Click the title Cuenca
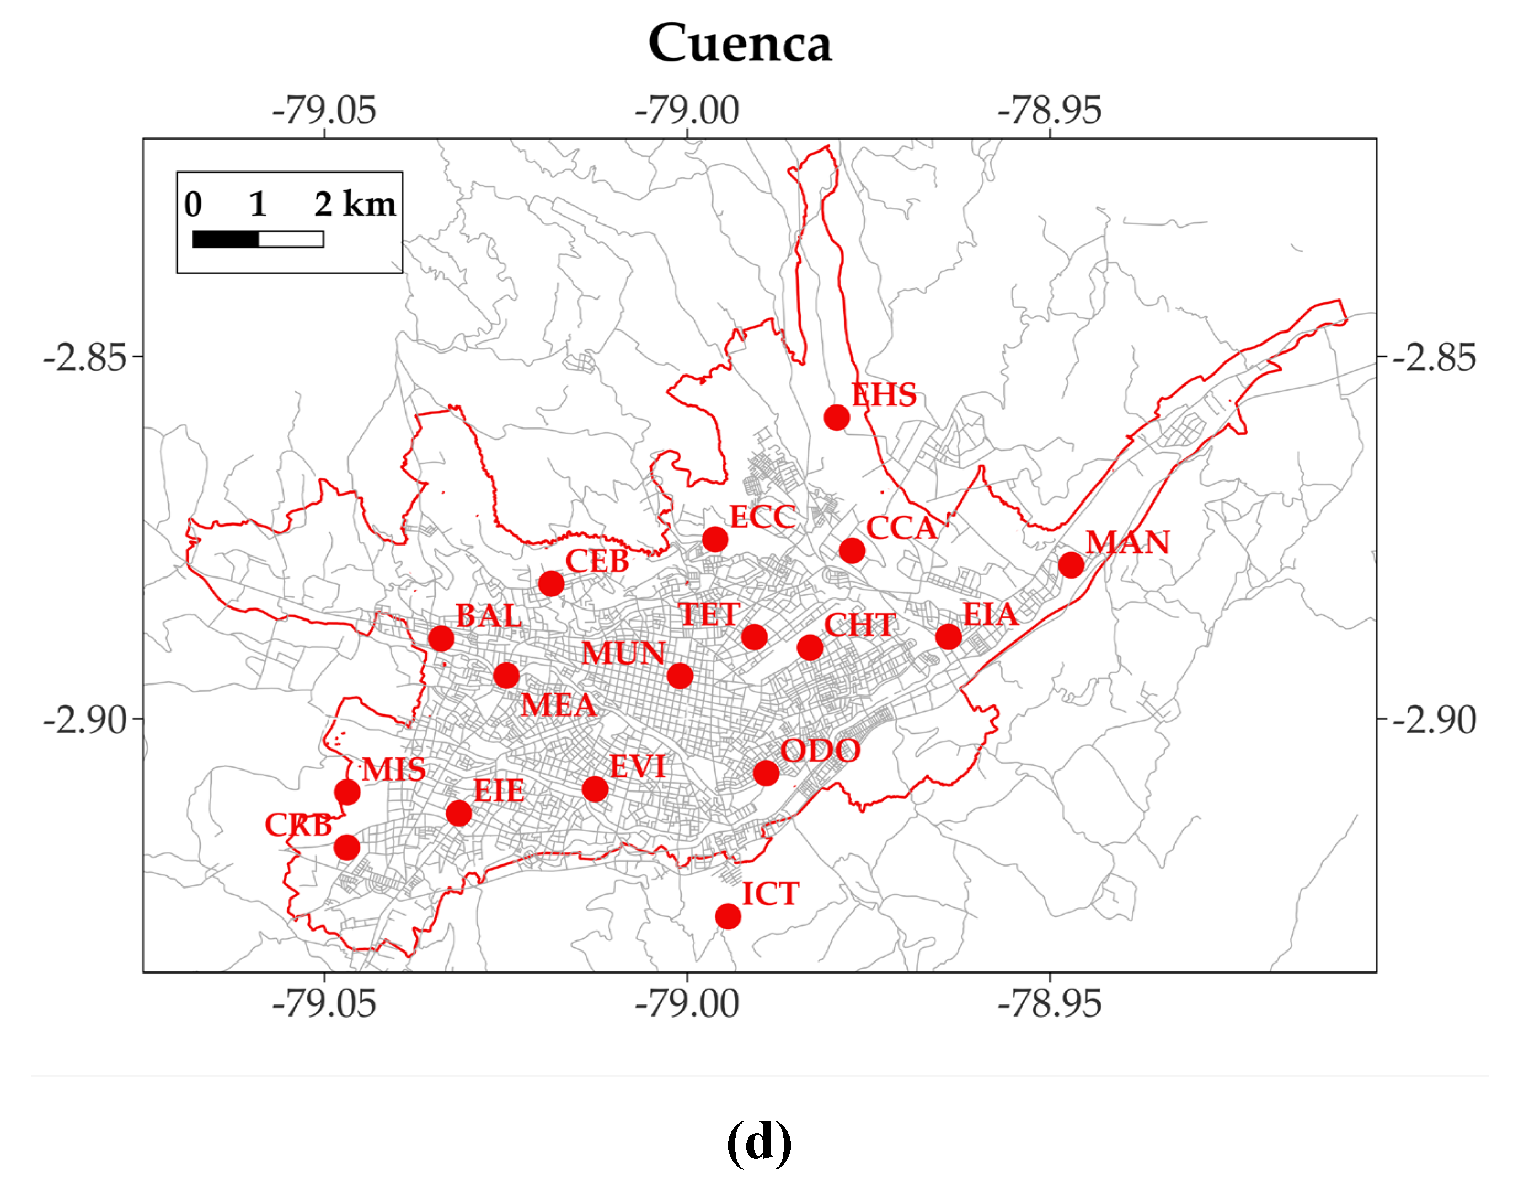coord(740,43)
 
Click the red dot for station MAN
coord(1071,565)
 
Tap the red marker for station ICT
coord(728,916)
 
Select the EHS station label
coord(884,395)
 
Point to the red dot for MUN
coord(680,676)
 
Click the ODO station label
coord(820,751)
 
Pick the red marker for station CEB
coord(551,584)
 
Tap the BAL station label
coord(489,616)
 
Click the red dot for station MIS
coord(347,792)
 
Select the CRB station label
coord(298,826)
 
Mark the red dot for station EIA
coord(948,637)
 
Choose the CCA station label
coord(901,528)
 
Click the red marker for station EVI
coord(595,789)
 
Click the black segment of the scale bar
coord(226,239)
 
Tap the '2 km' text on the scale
coord(355,205)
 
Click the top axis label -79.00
coord(687,110)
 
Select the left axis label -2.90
coord(85,719)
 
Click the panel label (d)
coord(758,1142)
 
